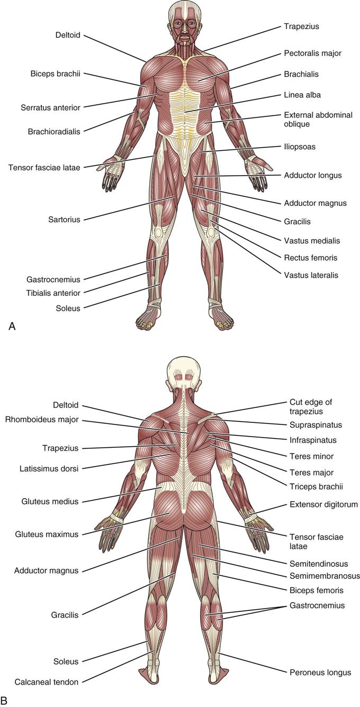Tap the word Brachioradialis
(x=54, y=132)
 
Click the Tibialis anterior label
(x=53, y=293)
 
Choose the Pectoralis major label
(x=312, y=53)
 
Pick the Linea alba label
(x=302, y=95)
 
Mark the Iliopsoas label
(x=300, y=147)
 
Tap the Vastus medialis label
(x=312, y=241)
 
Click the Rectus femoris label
(x=311, y=258)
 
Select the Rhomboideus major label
(x=42, y=420)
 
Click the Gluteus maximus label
(x=47, y=534)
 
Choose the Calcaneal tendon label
(x=47, y=682)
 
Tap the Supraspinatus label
(x=316, y=424)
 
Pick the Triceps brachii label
(x=316, y=486)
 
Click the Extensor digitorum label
(x=323, y=505)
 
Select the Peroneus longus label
(x=320, y=673)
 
